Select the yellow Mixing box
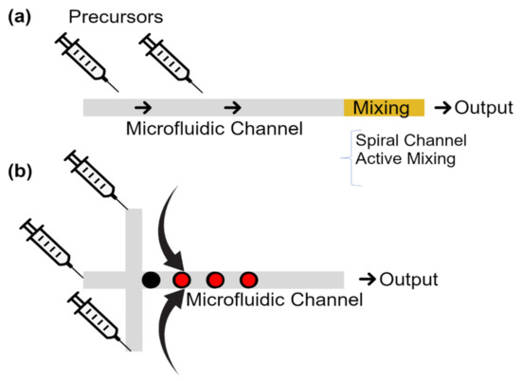tap(383, 106)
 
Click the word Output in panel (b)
tap(408, 280)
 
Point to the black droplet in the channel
tap(150, 280)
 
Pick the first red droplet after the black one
tap(182, 280)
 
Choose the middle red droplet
tap(215, 280)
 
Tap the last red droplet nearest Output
tap(248, 280)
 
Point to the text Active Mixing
tap(405, 158)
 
